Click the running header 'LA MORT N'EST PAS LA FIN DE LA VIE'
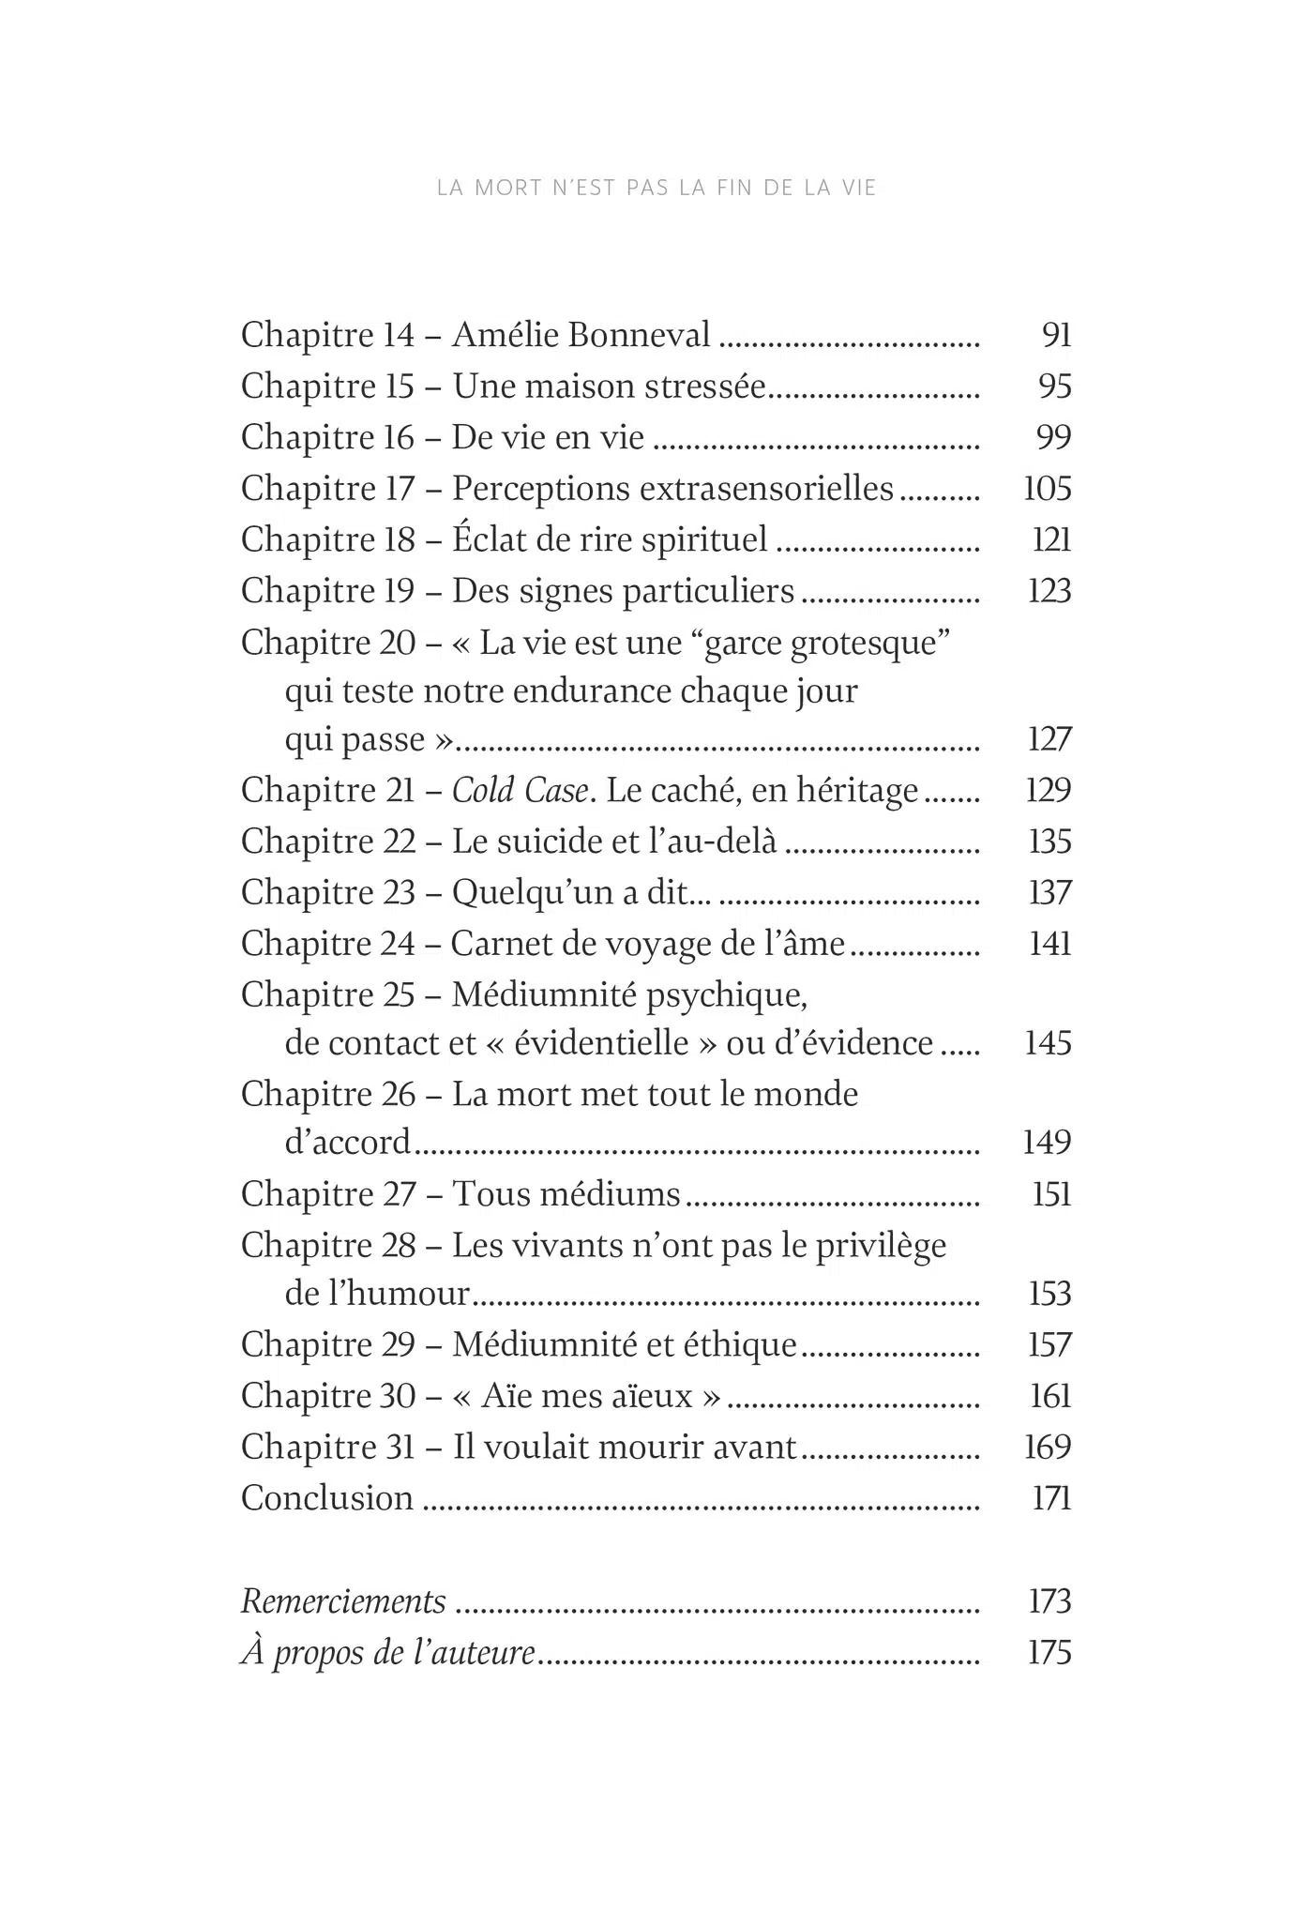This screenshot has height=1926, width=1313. [x=656, y=188]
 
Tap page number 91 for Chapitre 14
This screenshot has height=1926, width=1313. [x=1056, y=335]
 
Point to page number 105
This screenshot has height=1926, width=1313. [x=1047, y=489]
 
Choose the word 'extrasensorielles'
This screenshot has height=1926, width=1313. [x=747, y=489]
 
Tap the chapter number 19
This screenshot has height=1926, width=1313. [x=399, y=591]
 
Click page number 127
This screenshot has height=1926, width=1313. [x=1049, y=739]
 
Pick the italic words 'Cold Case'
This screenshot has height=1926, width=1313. [x=521, y=790]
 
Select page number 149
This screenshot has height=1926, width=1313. [x=1047, y=1142]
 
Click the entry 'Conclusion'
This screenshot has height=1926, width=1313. [x=327, y=1498]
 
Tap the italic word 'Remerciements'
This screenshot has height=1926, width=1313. [x=343, y=1600]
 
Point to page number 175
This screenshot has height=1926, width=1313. [x=1049, y=1652]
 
